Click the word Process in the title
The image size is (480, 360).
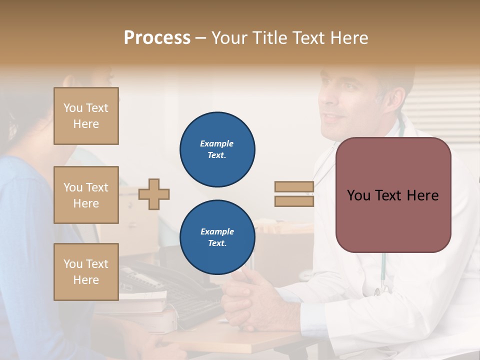(157, 38)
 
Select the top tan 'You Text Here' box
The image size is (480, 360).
(86, 116)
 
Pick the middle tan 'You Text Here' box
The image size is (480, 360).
(86, 195)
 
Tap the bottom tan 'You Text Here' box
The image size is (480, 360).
(86, 271)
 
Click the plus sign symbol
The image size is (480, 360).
(154, 194)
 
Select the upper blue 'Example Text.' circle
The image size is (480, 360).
(217, 149)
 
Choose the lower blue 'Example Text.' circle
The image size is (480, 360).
(217, 237)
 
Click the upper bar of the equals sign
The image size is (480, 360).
(294, 186)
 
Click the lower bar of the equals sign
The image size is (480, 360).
(294, 201)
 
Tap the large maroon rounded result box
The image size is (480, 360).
(393, 195)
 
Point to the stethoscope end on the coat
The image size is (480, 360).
(382, 287)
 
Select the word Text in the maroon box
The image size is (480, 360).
(392, 195)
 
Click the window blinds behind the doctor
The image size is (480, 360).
(445, 105)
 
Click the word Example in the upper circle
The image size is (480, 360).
(216, 144)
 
